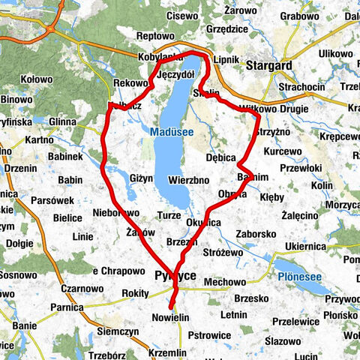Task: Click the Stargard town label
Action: pyautogui.click(x=268, y=66)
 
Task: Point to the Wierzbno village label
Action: pyautogui.click(x=189, y=180)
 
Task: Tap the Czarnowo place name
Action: pyautogui.click(x=82, y=288)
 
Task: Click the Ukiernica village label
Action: pyautogui.click(x=307, y=246)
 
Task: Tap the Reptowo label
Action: pyautogui.click(x=155, y=36)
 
